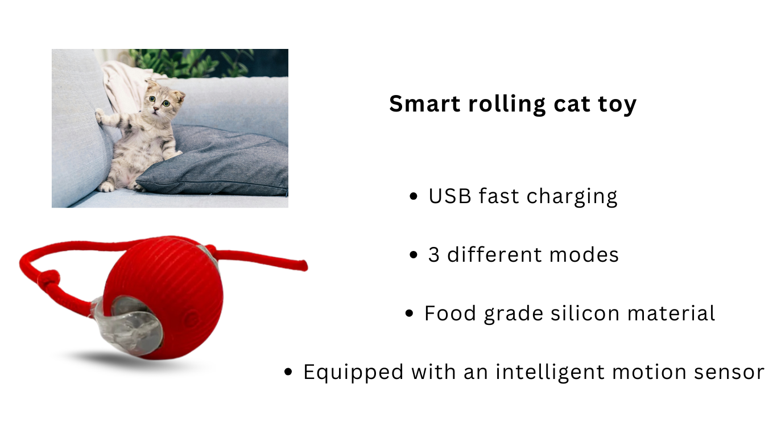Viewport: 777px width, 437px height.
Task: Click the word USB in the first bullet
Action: tap(450, 196)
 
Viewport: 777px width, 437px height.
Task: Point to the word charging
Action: tap(572, 197)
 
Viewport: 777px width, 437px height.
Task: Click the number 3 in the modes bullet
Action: tap(434, 255)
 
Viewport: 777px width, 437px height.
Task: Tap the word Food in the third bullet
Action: tap(450, 314)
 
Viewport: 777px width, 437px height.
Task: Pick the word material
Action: tap(671, 313)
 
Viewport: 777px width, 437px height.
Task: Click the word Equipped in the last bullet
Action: tap(353, 373)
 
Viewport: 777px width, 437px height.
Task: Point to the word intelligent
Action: tap(550, 373)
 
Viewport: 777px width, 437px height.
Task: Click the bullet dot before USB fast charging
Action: tap(413, 196)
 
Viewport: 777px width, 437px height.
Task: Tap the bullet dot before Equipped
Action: tap(288, 372)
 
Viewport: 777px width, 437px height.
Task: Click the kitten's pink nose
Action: tap(156, 109)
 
